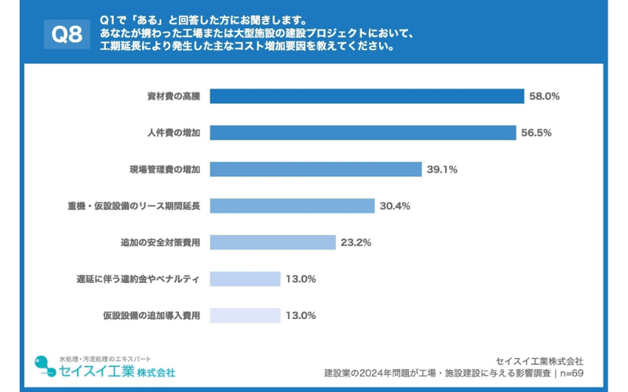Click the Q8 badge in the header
pos(67,33)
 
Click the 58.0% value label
pos(544,96)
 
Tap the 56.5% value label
pos(536,132)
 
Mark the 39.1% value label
pos(442,169)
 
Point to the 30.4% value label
pos(395,205)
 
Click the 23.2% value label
pos(356,242)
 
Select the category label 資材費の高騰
pos(173,96)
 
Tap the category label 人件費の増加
pos(173,132)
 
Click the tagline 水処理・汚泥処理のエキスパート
pos(105,358)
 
